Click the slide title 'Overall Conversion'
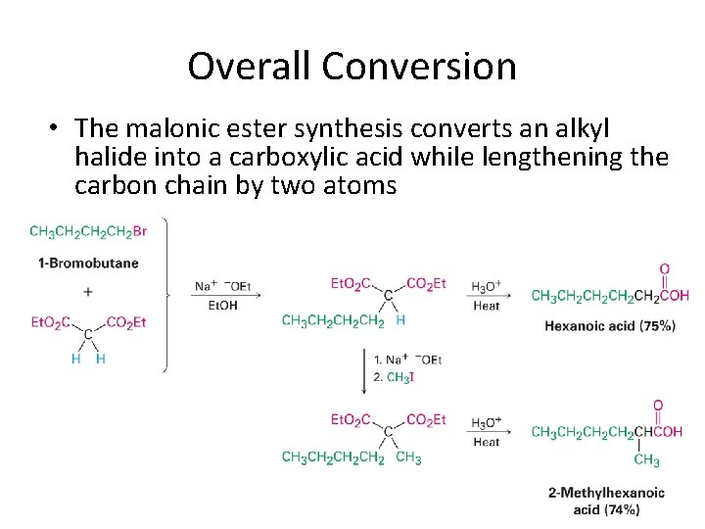pos(352,67)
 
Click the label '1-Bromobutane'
pos(88,263)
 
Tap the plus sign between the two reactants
pos(88,292)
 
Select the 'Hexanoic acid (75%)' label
pos(610,326)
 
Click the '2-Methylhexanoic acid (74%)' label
pos(606,501)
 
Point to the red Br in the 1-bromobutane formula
pos(139,232)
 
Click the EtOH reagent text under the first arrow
pos(222,306)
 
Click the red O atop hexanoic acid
pos(665,269)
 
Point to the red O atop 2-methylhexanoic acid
pos(658,406)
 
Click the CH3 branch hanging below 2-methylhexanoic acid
pos(646,460)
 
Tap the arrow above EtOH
pos(224,295)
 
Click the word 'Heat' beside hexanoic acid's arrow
pos(486,306)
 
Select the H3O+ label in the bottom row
pos(487,423)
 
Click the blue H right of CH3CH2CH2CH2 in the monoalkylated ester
pos(401,320)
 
